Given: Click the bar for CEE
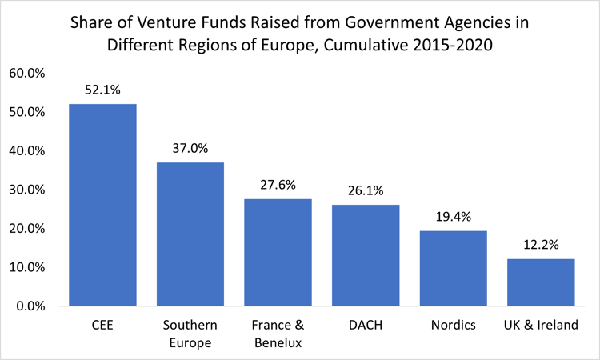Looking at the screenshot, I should (x=102, y=205).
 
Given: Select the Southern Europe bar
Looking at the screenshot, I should (x=190, y=234).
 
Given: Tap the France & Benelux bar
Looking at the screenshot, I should (x=278, y=252).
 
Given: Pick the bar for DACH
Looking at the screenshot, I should (x=366, y=255).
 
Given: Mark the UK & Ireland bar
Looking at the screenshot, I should (x=541, y=282).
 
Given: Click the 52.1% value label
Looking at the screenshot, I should (x=102, y=90).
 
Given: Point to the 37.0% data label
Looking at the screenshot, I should (x=190, y=149).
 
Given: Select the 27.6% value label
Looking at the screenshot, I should (x=278, y=185).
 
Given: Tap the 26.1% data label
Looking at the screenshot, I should (x=366, y=191).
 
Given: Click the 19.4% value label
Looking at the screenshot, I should (x=453, y=217).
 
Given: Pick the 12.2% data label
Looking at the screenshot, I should (x=541, y=245).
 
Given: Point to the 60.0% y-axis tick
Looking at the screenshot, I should (x=29, y=73).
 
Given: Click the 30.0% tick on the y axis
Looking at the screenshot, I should (x=29, y=190).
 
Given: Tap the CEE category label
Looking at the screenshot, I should (x=102, y=326).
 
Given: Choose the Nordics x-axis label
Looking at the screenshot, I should (x=453, y=326).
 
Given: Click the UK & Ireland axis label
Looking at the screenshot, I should (x=541, y=326).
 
